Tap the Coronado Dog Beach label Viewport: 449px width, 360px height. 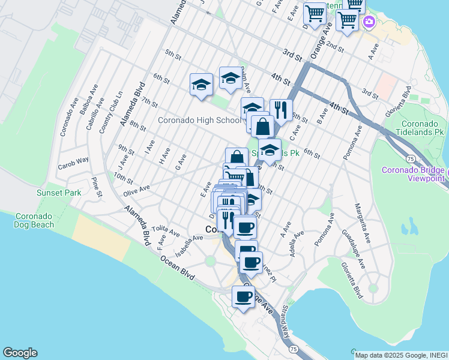(35, 220)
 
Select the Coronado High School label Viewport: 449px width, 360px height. (199, 120)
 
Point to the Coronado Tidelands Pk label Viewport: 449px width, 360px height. (422, 127)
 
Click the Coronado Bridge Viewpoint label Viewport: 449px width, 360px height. (414, 174)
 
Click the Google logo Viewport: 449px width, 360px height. (20, 353)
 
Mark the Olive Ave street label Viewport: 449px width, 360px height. (136, 190)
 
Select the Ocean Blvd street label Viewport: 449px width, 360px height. (177, 267)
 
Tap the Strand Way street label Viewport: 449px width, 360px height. (285, 324)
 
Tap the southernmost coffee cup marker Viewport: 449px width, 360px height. (244, 296)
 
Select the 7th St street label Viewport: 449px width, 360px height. (151, 103)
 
